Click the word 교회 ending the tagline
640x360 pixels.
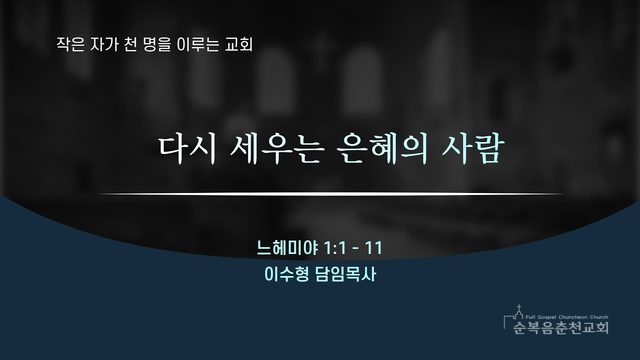tap(239, 44)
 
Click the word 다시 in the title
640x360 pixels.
tap(187, 149)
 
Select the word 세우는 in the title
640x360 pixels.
tap(277, 149)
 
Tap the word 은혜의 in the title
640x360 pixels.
tap(383, 149)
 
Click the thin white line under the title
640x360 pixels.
tap(331, 194)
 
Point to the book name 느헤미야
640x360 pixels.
tap(287, 248)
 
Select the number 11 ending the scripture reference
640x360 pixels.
tap(373, 248)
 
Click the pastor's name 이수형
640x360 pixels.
tap(287, 274)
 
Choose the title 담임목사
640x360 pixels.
tap(346, 274)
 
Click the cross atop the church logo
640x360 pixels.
tap(519, 307)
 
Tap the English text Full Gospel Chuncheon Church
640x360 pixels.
tap(567, 317)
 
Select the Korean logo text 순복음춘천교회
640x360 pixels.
tap(561, 327)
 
